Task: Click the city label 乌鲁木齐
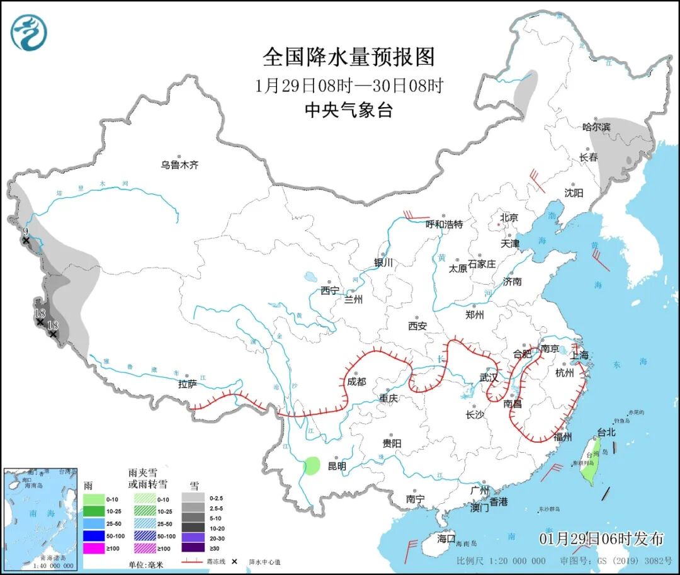(x=179, y=165)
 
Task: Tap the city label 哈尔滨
(x=596, y=127)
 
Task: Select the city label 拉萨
(x=188, y=384)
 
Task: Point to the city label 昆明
(x=337, y=467)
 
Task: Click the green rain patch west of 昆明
(x=311, y=466)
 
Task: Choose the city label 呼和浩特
(x=444, y=224)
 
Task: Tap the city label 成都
(x=356, y=381)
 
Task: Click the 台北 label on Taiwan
(x=606, y=433)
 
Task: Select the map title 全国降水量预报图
(x=349, y=57)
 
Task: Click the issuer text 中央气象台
(x=349, y=110)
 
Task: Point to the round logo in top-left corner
(x=29, y=33)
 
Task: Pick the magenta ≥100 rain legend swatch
(x=93, y=548)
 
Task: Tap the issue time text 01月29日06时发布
(x=601, y=538)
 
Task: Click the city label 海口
(x=446, y=539)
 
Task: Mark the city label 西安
(x=417, y=326)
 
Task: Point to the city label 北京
(x=509, y=218)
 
